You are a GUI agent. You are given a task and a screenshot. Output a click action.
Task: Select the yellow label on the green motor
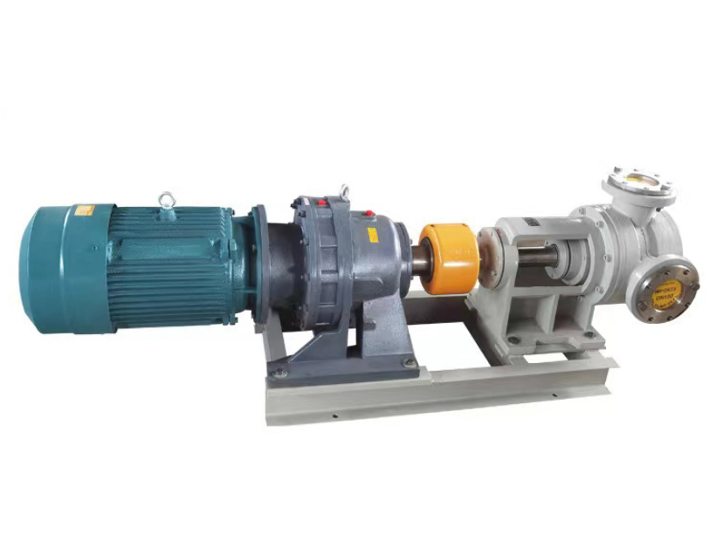click(x=84, y=209)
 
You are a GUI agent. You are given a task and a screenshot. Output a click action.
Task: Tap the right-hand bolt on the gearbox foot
click(x=404, y=360)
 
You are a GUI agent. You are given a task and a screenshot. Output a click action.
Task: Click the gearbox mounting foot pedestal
click(x=341, y=349)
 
